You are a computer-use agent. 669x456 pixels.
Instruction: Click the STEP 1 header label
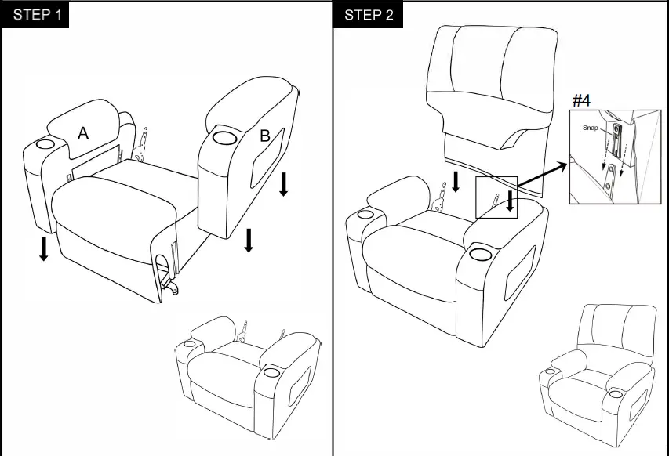37,16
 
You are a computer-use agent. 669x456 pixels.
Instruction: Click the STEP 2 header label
369,16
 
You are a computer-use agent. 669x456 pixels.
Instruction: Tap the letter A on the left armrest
83,134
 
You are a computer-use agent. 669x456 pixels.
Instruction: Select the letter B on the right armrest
265,136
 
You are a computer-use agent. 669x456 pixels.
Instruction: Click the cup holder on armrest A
44,146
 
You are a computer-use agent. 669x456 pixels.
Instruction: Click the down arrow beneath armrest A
44,248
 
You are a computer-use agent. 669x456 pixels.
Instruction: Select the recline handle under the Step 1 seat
166,279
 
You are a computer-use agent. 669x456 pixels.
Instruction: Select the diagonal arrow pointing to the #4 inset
541,176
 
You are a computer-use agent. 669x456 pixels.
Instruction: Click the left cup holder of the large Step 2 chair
365,215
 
